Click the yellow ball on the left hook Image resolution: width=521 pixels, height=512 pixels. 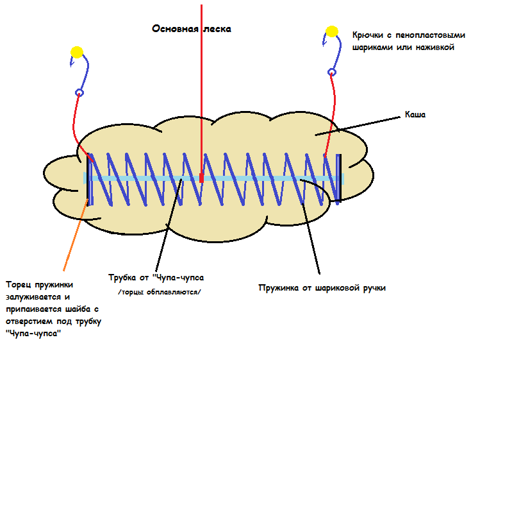77,52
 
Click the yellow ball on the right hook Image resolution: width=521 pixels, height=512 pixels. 331,31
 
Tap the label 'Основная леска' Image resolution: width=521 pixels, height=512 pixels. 191,29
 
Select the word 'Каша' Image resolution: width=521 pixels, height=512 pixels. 415,115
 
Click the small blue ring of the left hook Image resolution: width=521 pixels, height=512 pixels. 79,92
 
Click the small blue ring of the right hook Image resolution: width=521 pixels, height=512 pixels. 332,72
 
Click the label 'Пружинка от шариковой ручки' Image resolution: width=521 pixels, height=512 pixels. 322,288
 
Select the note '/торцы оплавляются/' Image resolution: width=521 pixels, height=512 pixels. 160,293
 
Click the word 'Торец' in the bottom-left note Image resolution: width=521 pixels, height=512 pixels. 19,285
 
